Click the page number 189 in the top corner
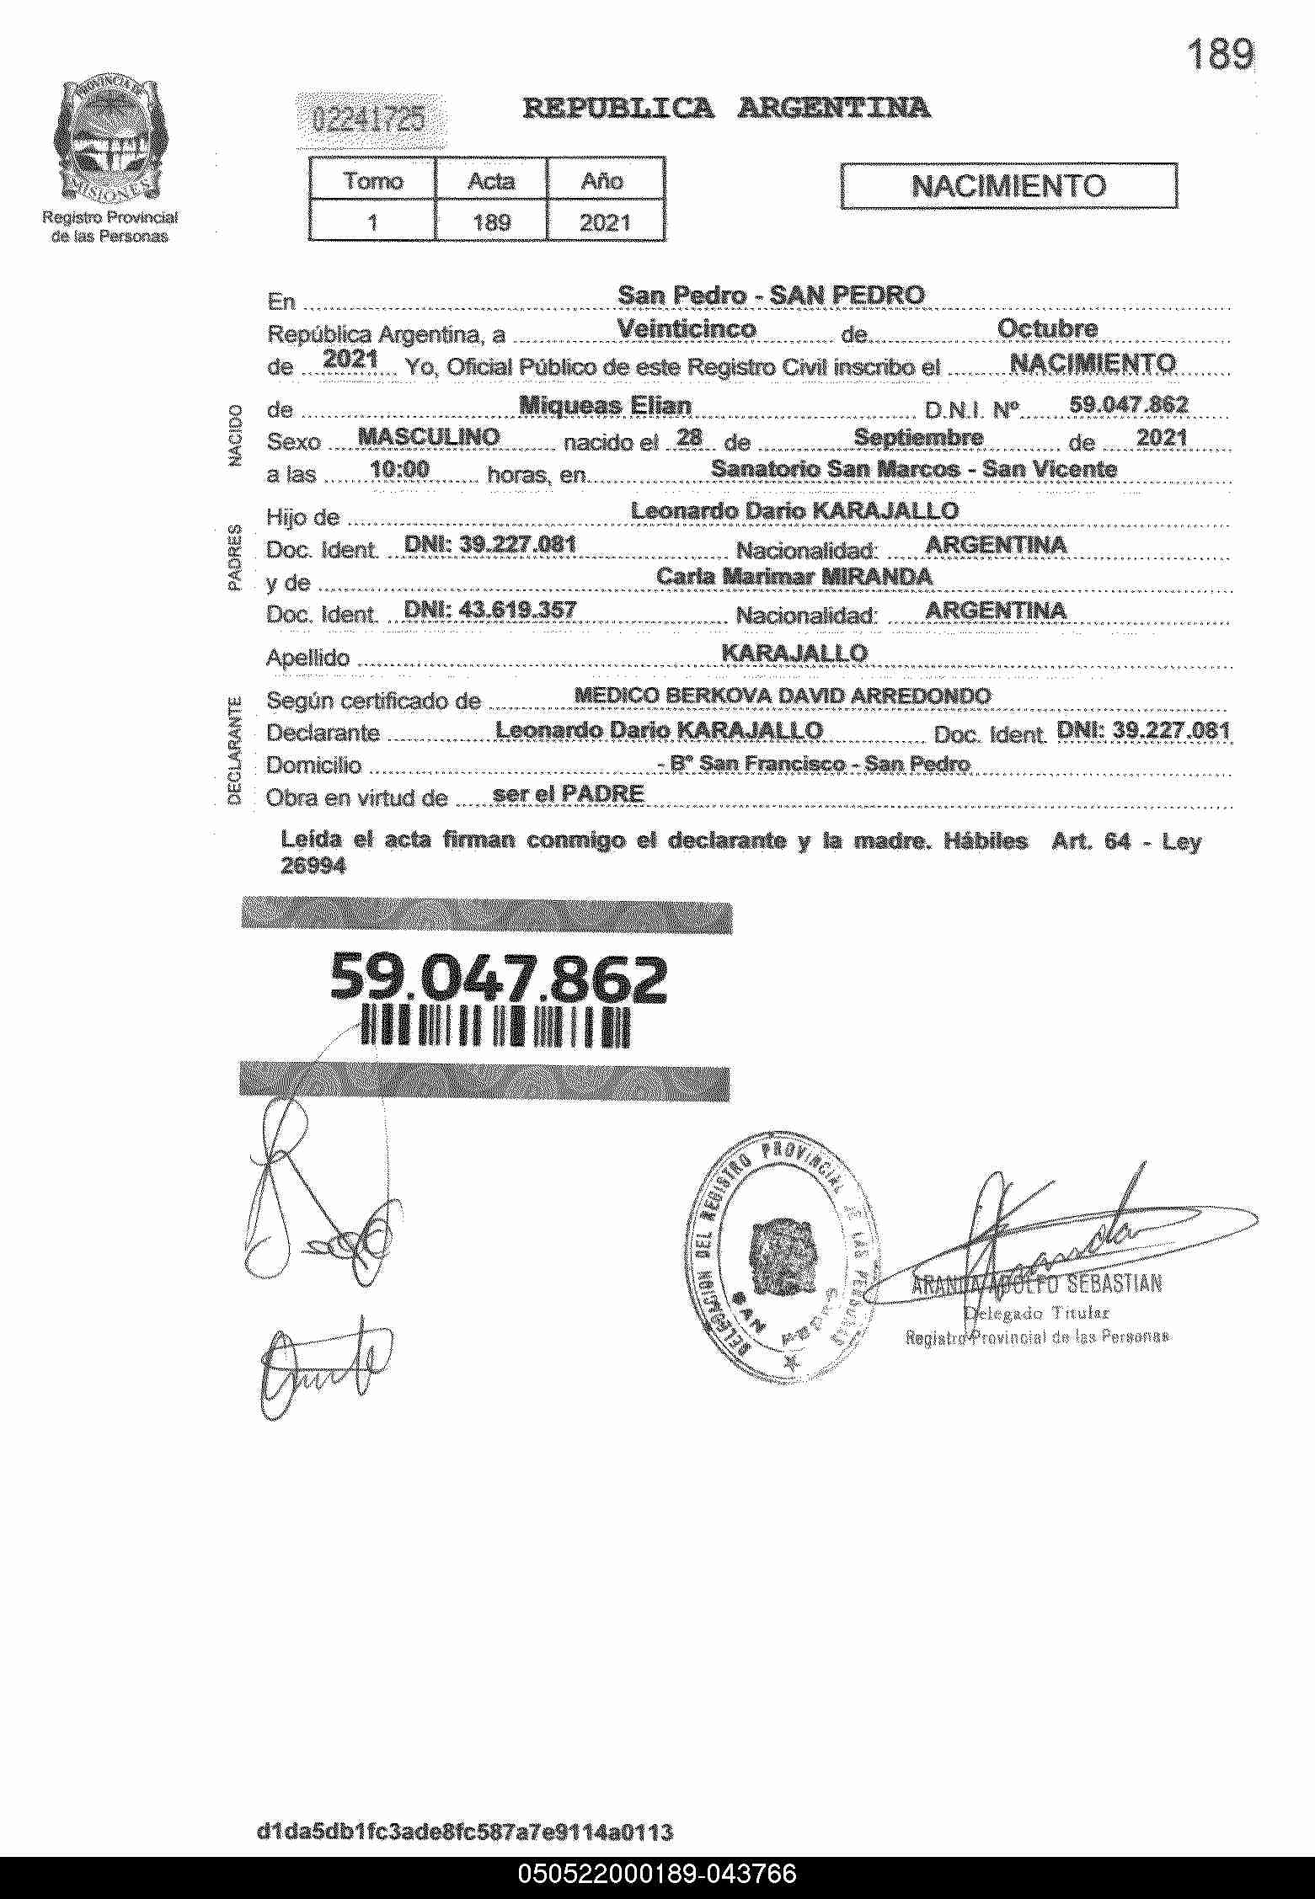(x=1219, y=56)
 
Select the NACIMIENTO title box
(x=1008, y=185)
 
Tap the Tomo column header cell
(x=373, y=180)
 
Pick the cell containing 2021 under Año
(x=605, y=222)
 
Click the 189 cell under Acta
(x=491, y=222)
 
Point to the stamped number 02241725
(x=368, y=121)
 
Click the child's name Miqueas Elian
(x=605, y=406)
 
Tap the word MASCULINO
(x=429, y=437)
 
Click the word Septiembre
(x=918, y=437)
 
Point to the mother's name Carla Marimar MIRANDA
(x=794, y=577)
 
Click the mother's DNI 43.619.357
(x=490, y=610)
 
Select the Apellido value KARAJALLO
(x=794, y=653)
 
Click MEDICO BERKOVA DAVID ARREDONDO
(x=782, y=696)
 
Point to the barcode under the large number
(x=495, y=1027)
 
